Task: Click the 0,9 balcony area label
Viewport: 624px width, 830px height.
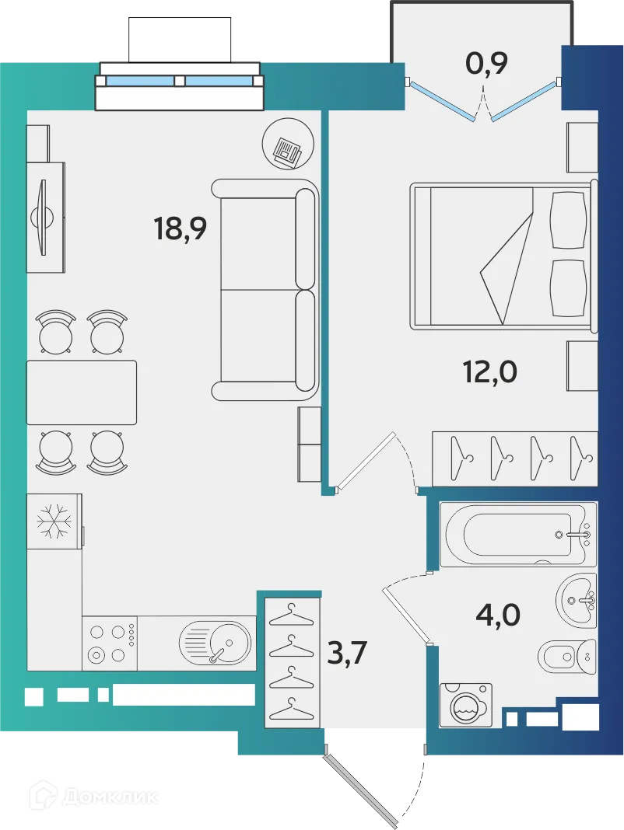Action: click(x=487, y=62)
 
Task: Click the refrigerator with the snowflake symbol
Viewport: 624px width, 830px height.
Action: click(x=54, y=521)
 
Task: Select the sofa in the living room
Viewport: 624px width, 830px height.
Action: click(x=265, y=289)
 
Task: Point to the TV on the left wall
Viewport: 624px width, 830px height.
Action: click(x=44, y=217)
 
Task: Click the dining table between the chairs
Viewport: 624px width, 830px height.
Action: click(x=81, y=392)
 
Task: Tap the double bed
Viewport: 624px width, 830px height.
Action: click(x=502, y=254)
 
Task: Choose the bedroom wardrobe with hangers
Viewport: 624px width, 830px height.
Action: click(x=514, y=459)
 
